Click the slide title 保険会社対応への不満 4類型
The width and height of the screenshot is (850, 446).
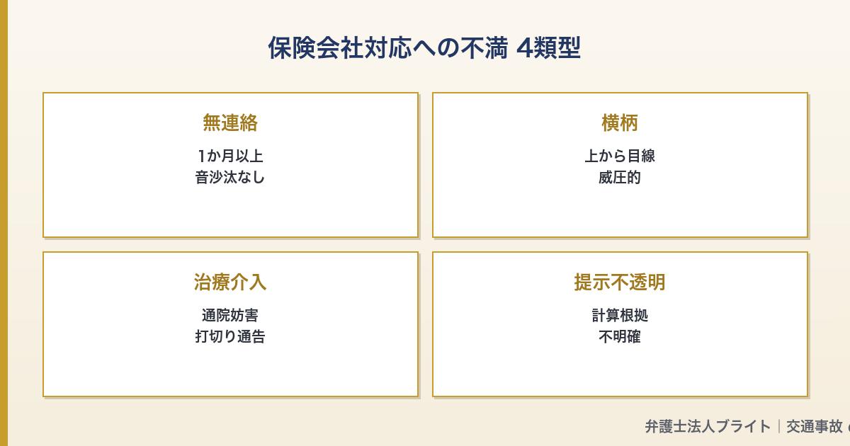click(424, 48)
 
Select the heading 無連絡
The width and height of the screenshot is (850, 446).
click(230, 123)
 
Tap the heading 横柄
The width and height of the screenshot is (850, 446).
click(620, 123)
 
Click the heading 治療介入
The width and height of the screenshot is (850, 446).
click(230, 282)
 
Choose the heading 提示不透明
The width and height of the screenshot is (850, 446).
click(620, 282)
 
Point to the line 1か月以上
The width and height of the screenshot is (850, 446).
click(230, 156)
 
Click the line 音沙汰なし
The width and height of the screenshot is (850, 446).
click(230, 177)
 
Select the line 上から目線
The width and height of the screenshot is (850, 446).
click(620, 156)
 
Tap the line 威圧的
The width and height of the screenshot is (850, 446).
click(620, 177)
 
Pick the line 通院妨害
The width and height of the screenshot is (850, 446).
click(230, 315)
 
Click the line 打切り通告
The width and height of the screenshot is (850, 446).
click(230, 336)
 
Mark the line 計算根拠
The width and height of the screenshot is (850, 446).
click(620, 315)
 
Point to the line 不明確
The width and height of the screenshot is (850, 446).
click(620, 336)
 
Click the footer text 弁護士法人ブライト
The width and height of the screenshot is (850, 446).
click(708, 426)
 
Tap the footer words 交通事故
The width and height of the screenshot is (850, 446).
click(814, 426)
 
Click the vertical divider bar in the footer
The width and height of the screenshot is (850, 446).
click(778, 426)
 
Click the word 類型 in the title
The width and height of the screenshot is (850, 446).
click(556, 48)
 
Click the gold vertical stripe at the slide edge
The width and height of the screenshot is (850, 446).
click(4, 223)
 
